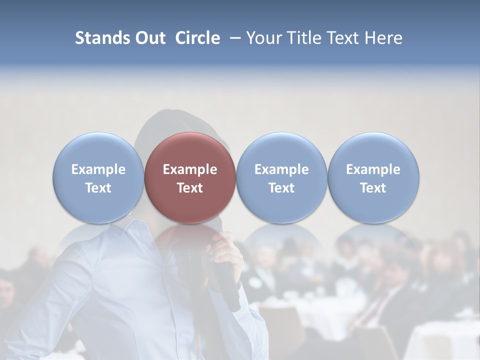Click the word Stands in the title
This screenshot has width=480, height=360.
click(102, 38)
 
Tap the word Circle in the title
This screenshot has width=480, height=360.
click(197, 38)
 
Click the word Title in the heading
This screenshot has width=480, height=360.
click(302, 38)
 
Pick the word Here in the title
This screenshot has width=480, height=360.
click(384, 38)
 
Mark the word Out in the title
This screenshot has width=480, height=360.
click(149, 38)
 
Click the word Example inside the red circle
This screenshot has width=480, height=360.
click(190, 169)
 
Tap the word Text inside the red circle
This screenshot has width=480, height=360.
click(190, 188)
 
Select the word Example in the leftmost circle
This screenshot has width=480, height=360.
click(98, 169)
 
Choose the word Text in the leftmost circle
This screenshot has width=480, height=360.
click(98, 188)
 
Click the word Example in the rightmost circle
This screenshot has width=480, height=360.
click(373, 169)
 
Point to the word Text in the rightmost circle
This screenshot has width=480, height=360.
click(373, 188)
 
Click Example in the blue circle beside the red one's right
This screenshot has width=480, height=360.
click(281, 169)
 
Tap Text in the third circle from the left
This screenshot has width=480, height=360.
click(281, 188)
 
